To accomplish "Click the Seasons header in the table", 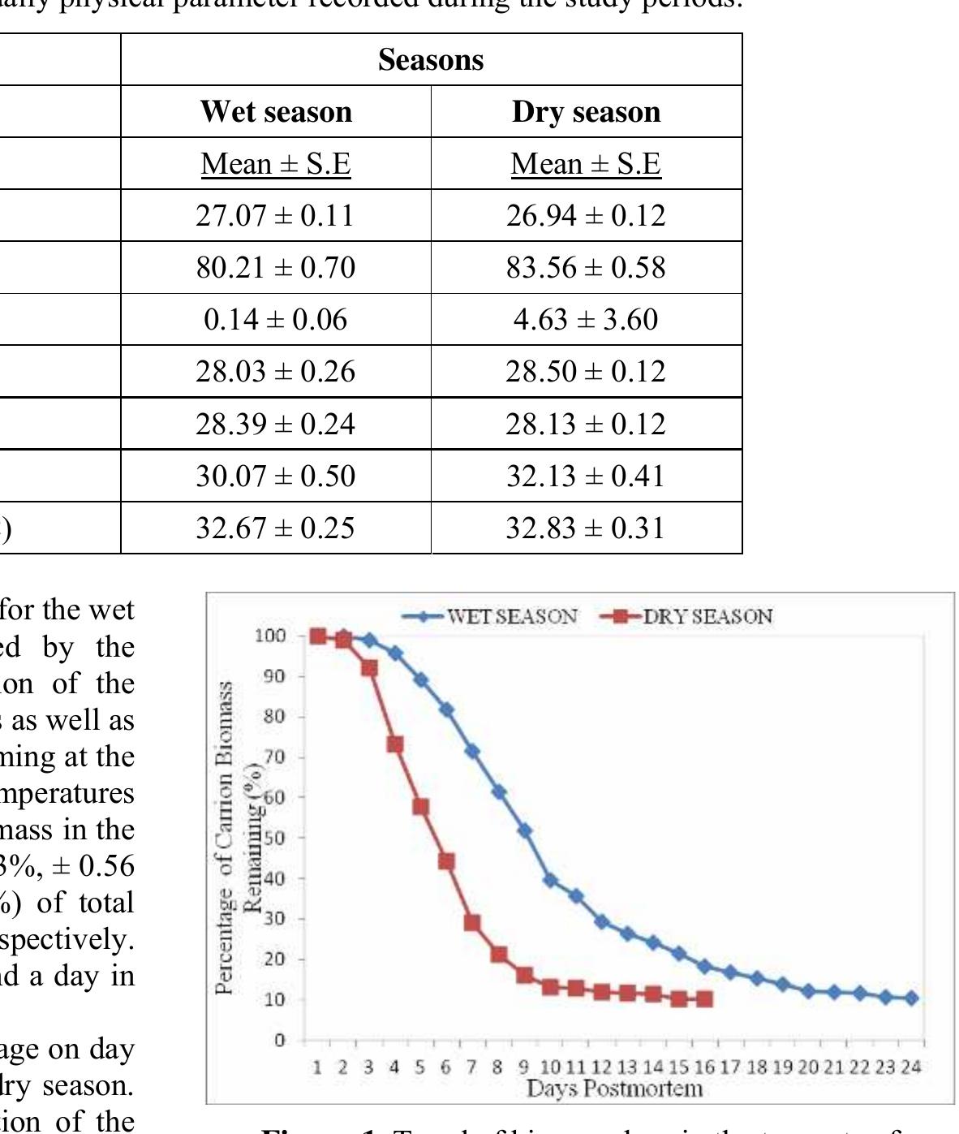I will point(431,60).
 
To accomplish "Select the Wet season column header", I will point(276,111).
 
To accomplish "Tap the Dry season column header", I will point(586,111).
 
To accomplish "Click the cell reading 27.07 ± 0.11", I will point(275,216).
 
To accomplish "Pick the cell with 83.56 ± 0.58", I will point(586,268).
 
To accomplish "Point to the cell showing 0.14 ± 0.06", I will point(275,320).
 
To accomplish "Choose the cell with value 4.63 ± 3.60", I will point(586,320).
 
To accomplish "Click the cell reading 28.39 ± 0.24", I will point(275,424).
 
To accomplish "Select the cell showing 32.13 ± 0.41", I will point(586,476).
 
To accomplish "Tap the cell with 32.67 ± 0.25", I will point(275,528).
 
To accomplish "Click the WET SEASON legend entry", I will point(511,616).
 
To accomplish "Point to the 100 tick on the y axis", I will point(269,636).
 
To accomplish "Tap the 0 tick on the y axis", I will point(279,1040).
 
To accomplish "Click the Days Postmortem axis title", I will point(614,1088).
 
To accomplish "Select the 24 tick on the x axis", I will point(911,1067).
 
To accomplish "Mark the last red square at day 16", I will point(704,999).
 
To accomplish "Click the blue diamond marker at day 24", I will point(911,998).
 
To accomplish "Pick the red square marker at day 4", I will point(395,744).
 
